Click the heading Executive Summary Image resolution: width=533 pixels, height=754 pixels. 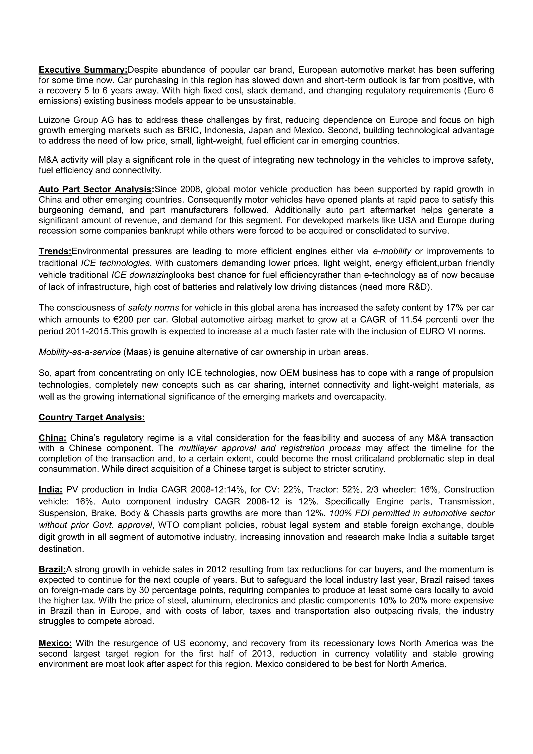[83, 70]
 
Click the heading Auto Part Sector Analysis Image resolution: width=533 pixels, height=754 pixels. [96, 190]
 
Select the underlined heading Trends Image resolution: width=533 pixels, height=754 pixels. [55, 251]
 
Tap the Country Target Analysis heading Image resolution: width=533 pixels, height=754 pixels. [92, 417]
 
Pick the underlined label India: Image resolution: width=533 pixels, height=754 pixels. [50, 490]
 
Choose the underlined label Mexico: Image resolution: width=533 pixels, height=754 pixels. [55, 643]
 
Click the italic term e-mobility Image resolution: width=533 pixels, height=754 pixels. [392, 251]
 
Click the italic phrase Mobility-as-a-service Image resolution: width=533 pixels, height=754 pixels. [80, 352]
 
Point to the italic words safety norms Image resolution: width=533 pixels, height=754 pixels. [153, 308]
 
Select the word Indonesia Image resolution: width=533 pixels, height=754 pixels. [224, 130]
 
